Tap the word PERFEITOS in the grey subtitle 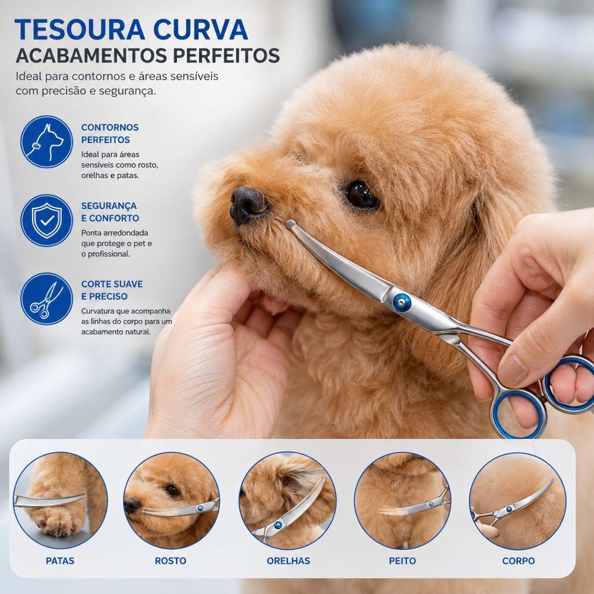(226, 56)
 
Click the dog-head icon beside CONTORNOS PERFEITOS (46, 142)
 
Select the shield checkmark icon (46, 220)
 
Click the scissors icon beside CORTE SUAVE (46, 299)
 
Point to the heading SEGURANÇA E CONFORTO (110, 212)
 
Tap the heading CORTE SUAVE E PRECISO (112, 290)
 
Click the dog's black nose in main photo (248, 204)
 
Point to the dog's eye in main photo (362, 195)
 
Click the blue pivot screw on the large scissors (402, 302)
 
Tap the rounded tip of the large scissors (290, 224)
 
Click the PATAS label (60, 561)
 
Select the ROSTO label (170, 561)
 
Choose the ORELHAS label (288, 561)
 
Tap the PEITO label (402, 561)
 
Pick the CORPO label (518, 561)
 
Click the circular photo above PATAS (60, 500)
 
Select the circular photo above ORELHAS (288, 500)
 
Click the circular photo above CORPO (518, 500)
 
